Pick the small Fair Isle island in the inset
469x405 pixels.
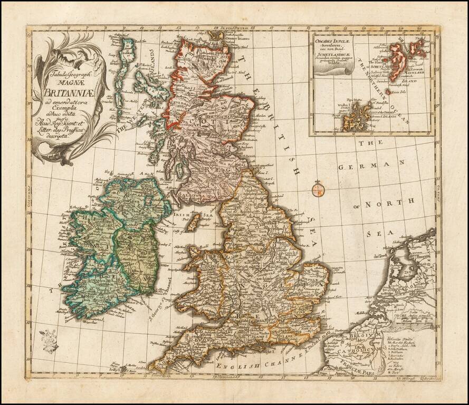[x=389, y=92]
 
